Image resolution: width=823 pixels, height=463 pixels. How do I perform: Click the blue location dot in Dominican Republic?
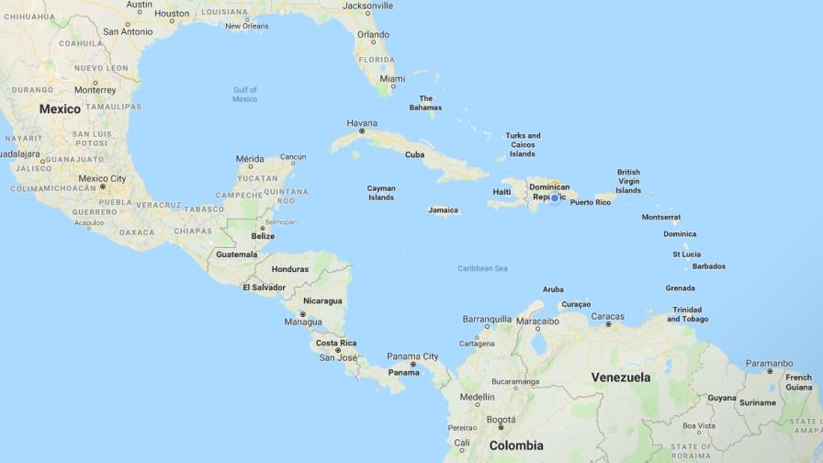555,198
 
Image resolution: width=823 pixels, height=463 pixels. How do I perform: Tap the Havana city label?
362,122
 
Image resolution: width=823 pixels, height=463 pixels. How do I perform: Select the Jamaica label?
443,210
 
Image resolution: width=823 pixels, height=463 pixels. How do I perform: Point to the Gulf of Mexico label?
245,94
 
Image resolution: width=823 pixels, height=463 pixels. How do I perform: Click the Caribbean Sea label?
482,268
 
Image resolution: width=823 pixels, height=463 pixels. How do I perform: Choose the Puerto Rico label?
590,202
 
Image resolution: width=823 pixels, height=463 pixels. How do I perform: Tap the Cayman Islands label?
381,193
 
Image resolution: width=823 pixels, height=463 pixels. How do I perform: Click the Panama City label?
412,356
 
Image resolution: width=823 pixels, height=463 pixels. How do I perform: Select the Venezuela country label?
620,378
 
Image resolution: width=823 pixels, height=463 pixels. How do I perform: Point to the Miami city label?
392,79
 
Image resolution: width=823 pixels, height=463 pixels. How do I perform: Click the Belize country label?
263,236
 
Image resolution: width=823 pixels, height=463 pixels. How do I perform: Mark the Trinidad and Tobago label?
687,314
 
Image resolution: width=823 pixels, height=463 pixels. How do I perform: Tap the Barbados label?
708,266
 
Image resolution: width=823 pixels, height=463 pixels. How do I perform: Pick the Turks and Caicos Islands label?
523,145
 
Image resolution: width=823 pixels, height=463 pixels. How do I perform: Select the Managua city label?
302,322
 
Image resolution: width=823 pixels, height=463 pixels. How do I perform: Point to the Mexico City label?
102,178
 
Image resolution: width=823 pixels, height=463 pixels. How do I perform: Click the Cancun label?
293,157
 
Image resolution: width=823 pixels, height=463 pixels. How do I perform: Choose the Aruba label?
553,289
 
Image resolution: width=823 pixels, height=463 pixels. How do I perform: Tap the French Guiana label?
798,382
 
